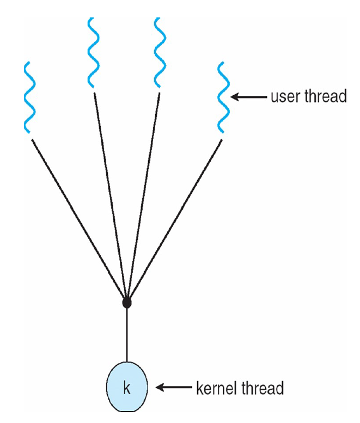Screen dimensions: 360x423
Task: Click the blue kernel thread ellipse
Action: click(x=127, y=387)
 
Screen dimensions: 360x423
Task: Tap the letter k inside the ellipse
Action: click(x=127, y=388)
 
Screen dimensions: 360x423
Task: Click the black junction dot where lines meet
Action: click(x=127, y=303)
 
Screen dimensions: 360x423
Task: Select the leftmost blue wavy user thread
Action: click(x=30, y=97)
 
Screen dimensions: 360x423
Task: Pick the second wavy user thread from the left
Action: click(x=93, y=53)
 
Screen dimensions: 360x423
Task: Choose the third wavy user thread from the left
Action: click(x=160, y=53)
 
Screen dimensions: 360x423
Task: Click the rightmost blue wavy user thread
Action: click(x=223, y=97)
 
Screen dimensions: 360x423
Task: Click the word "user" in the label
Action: click(x=286, y=97)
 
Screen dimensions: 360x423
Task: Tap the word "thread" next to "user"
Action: click(x=326, y=96)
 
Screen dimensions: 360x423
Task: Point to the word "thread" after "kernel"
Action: click(x=263, y=388)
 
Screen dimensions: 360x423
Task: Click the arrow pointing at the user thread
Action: click(x=249, y=97)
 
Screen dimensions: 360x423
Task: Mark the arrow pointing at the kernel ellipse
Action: click(x=174, y=388)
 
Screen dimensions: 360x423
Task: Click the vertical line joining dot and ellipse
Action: click(x=127, y=335)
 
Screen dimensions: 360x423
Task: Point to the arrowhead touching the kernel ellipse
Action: click(x=160, y=388)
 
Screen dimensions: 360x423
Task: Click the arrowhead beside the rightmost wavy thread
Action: click(x=235, y=97)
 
